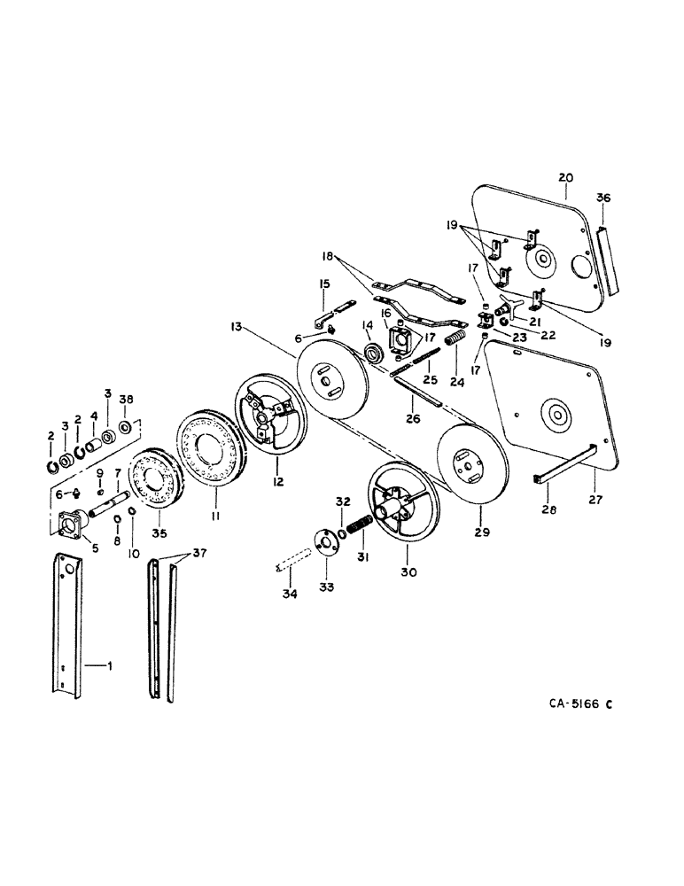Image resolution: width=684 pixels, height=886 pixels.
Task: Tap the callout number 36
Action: [x=603, y=198]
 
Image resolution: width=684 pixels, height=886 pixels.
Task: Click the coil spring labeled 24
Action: [x=455, y=341]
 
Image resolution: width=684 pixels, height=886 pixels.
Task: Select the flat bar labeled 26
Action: [x=416, y=387]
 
